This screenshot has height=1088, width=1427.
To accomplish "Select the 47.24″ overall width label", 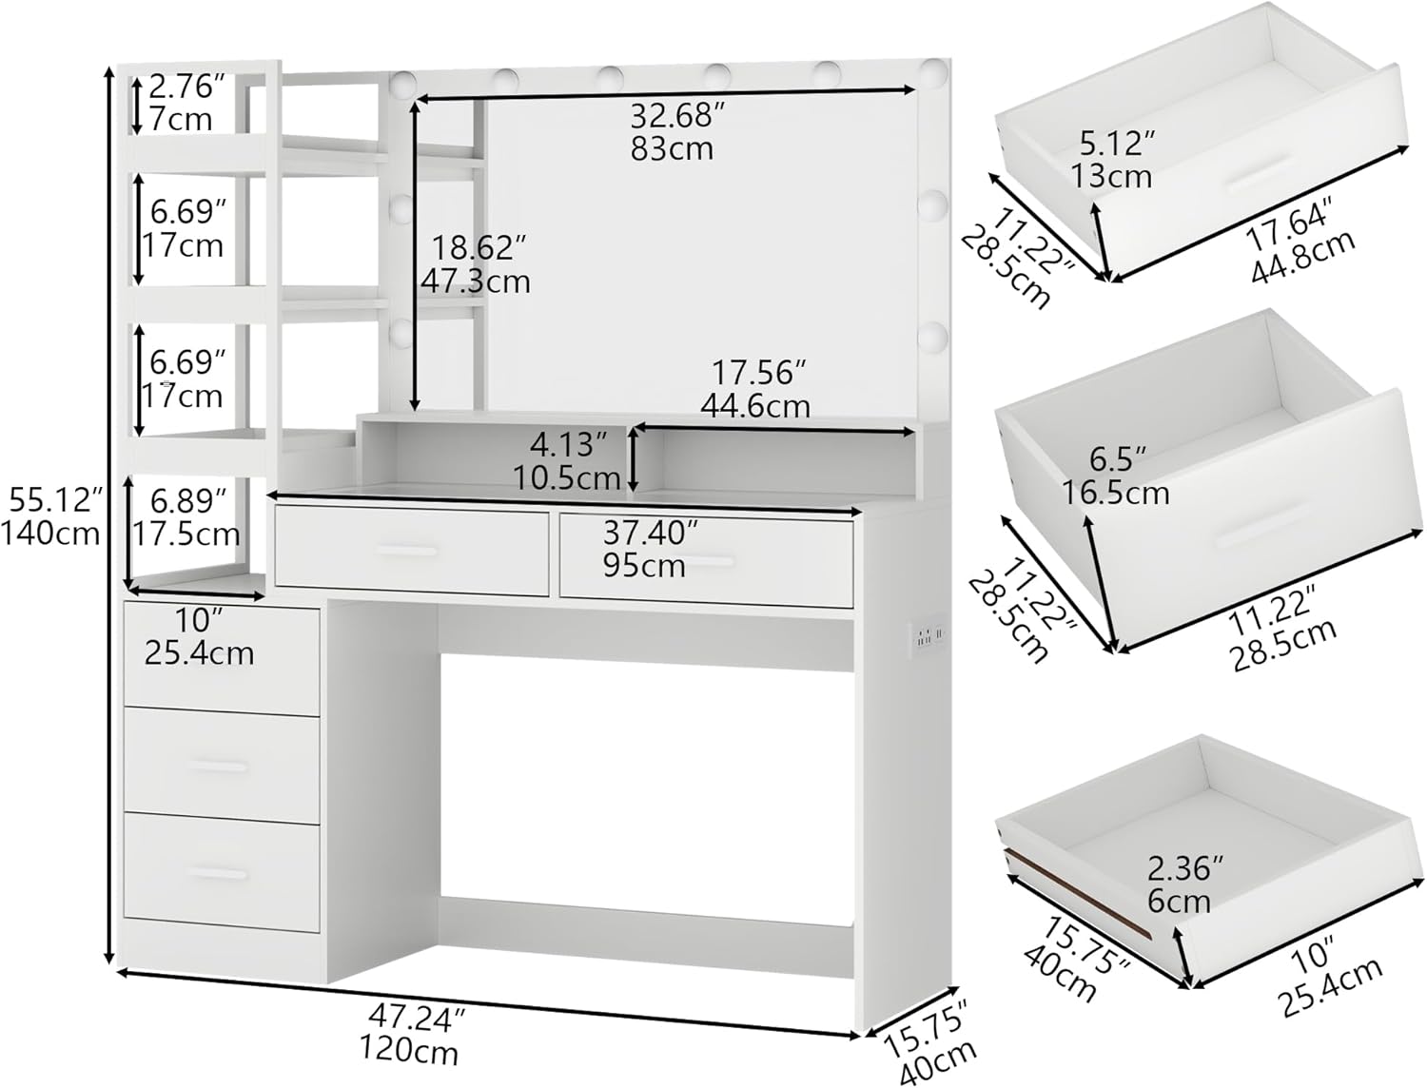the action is (x=418, y=1019).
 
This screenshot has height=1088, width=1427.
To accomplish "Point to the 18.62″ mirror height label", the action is (x=479, y=247).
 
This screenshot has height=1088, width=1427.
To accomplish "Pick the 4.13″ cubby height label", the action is (x=569, y=445).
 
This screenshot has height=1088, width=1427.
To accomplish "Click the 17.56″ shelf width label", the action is (x=758, y=373).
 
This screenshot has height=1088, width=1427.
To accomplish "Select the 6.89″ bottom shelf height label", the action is (x=188, y=501).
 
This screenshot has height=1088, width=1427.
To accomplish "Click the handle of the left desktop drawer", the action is (x=405, y=552).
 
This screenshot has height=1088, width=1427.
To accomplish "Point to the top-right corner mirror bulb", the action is (x=933, y=70).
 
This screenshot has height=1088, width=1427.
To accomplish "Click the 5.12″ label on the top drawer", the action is (x=1118, y=143).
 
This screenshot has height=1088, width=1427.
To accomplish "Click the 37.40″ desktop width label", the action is (x=651, y=534).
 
